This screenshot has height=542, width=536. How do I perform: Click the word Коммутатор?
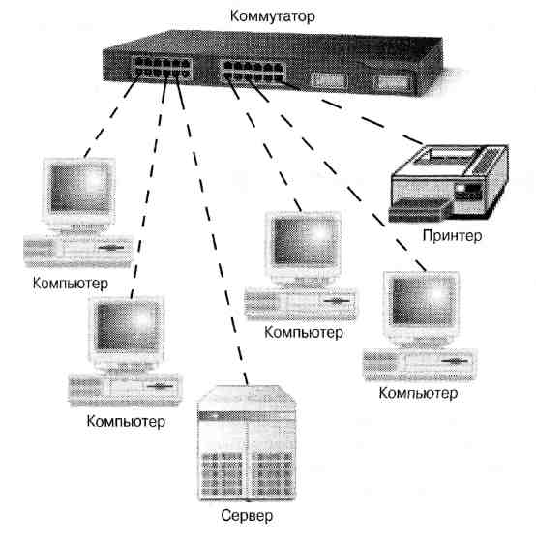(272, 16)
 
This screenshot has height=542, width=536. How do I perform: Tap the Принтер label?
(452, 236)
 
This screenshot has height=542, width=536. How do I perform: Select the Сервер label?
(247, 515)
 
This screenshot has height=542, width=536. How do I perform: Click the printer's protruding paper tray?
(419, 210)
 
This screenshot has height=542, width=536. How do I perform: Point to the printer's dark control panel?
(468, 192)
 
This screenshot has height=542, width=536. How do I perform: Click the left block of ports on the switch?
(163, 68)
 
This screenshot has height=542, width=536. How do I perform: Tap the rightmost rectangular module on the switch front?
(393, 82)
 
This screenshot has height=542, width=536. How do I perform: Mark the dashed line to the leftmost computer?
(111, 116)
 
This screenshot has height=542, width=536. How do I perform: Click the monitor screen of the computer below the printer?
(422, 301)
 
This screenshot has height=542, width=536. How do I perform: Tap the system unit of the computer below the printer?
(420, 365)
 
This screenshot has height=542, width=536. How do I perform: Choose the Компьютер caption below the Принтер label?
(418, 394)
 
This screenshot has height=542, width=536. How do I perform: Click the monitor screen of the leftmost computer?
(79, 188)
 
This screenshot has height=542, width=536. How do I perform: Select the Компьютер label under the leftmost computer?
(71, 284)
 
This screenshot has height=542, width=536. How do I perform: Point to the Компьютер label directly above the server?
(304, 333)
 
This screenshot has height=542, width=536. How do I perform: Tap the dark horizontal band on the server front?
(247, 415)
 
